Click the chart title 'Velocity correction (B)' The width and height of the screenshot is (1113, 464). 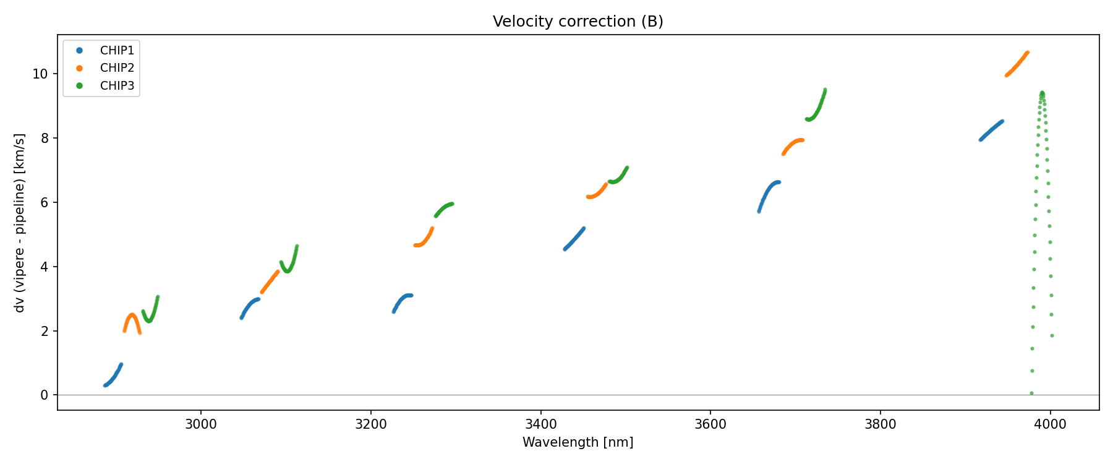click(x=578, y=22)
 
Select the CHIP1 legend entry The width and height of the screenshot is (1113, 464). click(x=116, y=51)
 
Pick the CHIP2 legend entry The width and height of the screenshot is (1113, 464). click(x=116, y=68)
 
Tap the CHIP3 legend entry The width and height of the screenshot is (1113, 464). click(x=116, y=86)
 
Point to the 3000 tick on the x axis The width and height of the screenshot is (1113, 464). click(x=201, y=424)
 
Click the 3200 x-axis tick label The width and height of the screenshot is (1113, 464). click(x=371, y=424)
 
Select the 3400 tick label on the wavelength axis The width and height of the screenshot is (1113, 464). click(x=540, y=424)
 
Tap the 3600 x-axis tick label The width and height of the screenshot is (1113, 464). click(x=710, y=424)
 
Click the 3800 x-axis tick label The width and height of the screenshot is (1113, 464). click(x=880, y=424)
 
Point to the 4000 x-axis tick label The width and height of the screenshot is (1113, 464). click(x=1050, y=424)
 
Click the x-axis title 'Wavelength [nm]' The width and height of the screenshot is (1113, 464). click(x=578, y=442)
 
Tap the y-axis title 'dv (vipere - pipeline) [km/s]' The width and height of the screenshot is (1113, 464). click(x=20, y=223)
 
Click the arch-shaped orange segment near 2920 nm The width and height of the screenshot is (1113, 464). click(x=132, y=316)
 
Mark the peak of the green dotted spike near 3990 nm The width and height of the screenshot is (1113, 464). click(x=1042, y=93)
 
